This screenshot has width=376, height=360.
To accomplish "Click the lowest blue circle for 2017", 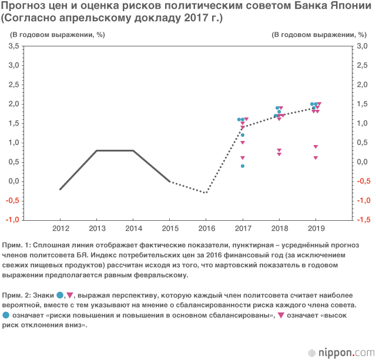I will point(242,166).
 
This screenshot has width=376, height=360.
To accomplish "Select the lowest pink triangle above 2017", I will point(242,158).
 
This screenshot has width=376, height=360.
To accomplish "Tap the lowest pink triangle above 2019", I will point(315,158).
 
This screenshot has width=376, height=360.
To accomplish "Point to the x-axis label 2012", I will point(60,228).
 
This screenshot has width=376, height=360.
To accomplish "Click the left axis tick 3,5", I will point(13,46).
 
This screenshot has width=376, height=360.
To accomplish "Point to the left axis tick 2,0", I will point(13,104).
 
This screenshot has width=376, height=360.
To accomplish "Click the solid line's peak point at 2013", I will point(97,151).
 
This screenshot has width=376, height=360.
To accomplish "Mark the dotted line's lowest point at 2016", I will point(206,193).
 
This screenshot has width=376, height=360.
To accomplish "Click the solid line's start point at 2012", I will point(60,189).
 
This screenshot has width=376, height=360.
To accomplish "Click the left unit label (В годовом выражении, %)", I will point(56,34).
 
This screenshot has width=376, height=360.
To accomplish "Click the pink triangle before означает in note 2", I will point(280,316).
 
